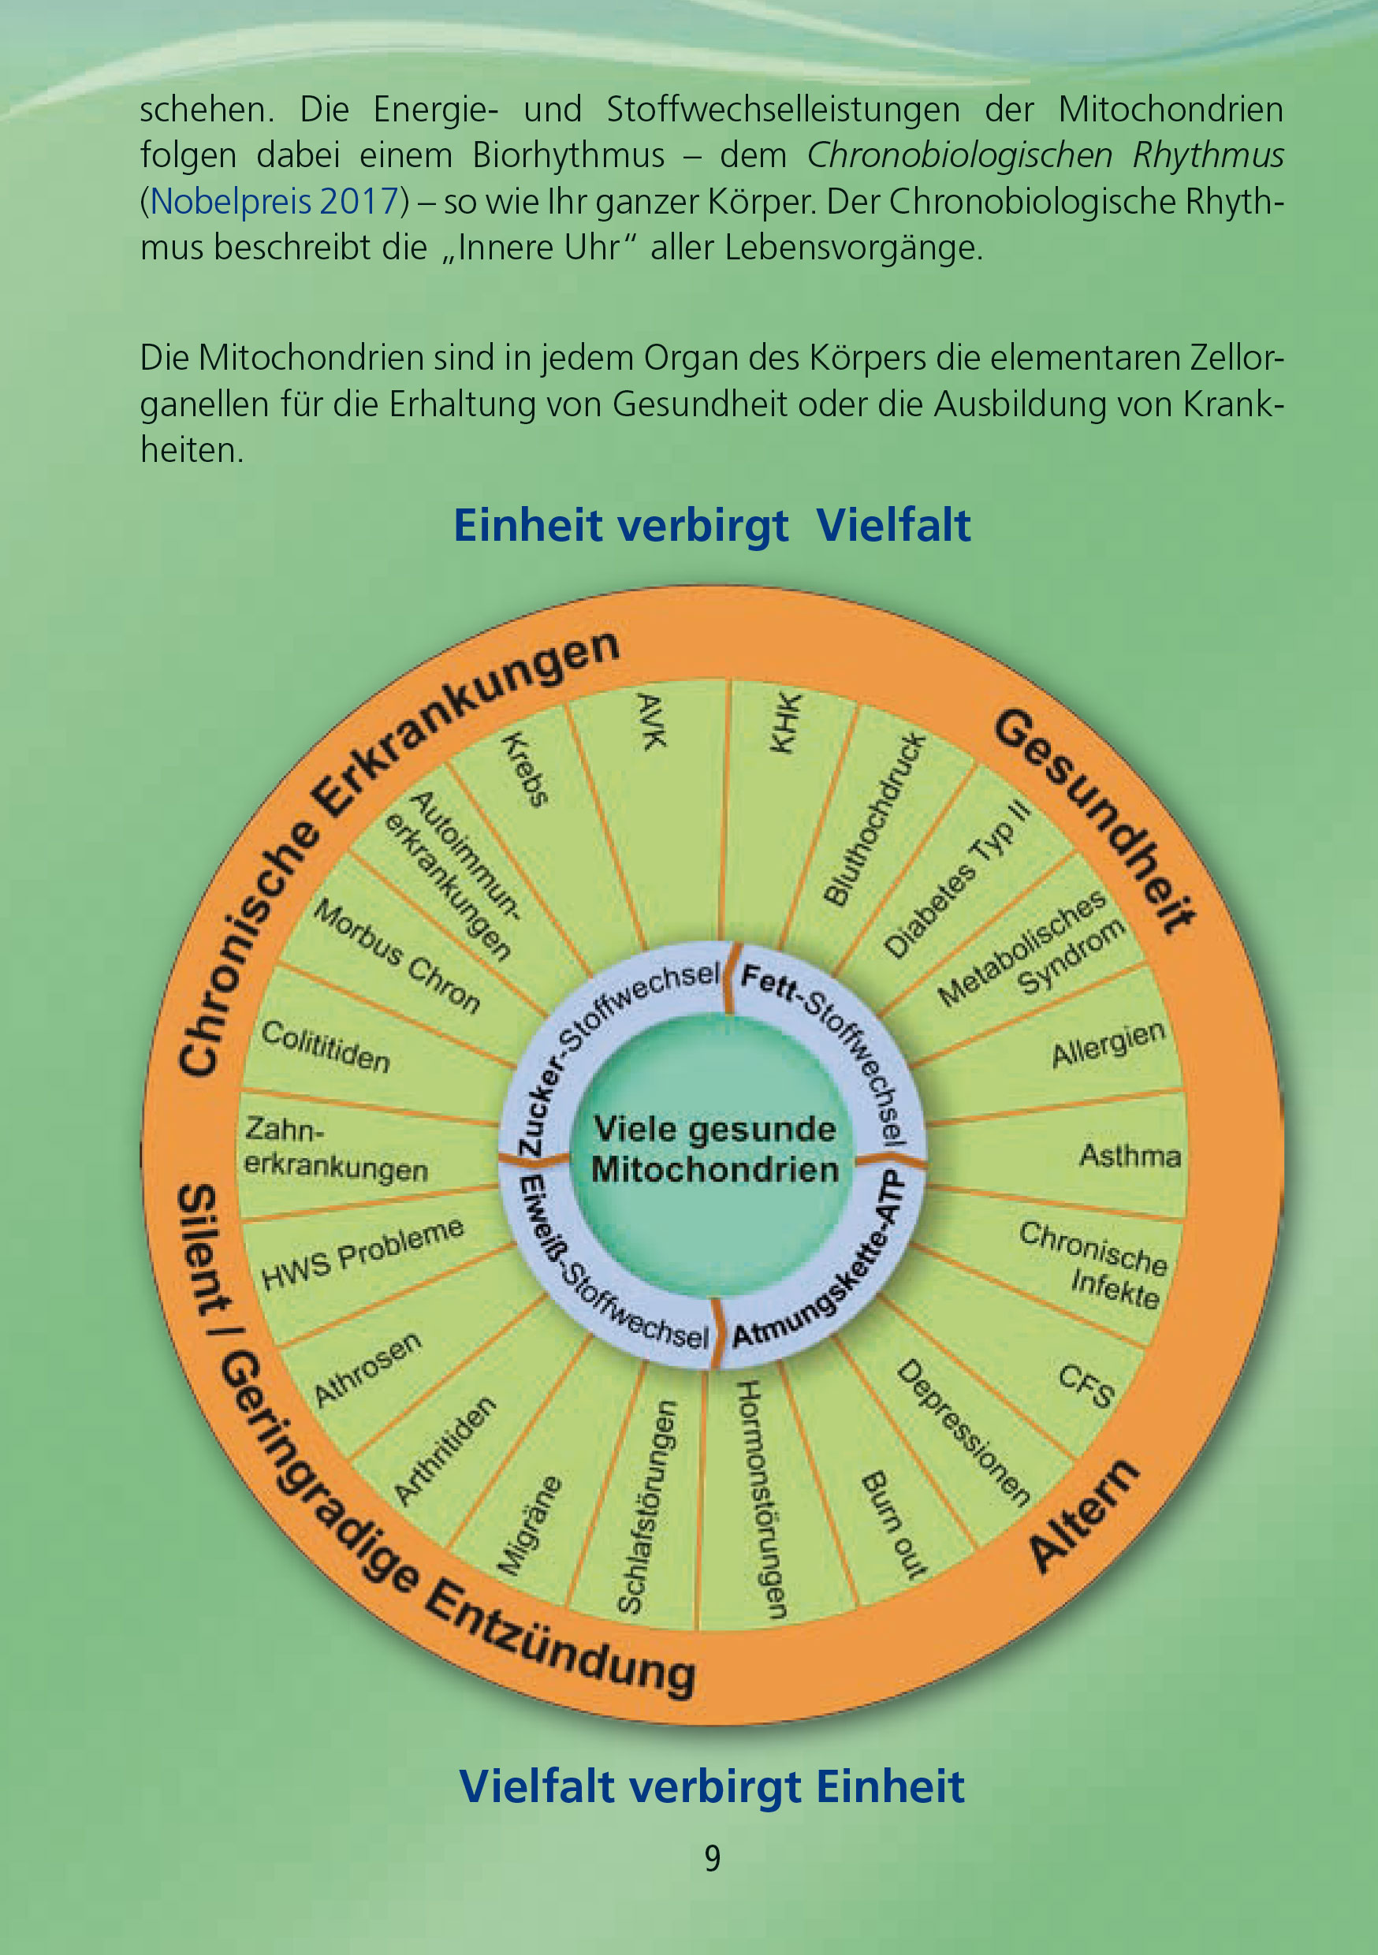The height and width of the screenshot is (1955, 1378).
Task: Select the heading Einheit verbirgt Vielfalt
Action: click(x=711, y=524)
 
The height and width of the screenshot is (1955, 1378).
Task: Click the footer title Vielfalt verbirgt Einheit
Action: click(x=711, y=1786)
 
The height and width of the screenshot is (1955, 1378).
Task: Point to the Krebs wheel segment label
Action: click(x=526, y=769)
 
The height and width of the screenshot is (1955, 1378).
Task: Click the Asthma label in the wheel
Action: click(x=1130, y=1156)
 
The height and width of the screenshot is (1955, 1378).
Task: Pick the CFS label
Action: click(x=1086, y=1386)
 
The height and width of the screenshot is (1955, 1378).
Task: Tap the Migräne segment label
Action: click(x=529, y=1526)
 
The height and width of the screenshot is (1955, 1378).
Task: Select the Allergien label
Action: click(x=1107, y=1044)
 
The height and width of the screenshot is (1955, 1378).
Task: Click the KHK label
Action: click(x=785, y=723)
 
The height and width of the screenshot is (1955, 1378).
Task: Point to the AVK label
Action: click(x=651, y=721)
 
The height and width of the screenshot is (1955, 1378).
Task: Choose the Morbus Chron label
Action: click(x=397, y=956)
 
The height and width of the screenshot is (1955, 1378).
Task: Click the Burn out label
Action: click(x=894, y=1525)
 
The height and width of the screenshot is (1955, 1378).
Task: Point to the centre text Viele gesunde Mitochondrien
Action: click(x=714, y=1149)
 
